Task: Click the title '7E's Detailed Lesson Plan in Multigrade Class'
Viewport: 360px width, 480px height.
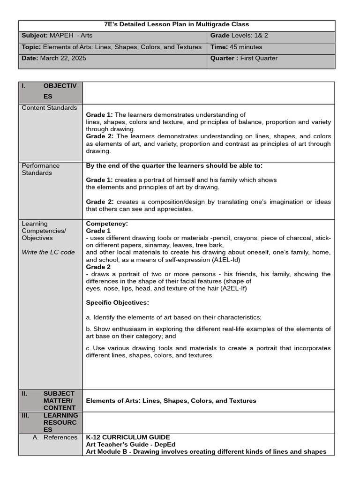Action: (177, 24)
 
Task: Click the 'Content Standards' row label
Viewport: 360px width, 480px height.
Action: (49, 108)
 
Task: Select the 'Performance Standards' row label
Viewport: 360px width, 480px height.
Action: (41, 169)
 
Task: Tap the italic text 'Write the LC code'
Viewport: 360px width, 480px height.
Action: (48, 252)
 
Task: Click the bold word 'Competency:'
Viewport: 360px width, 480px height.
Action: (107, 224)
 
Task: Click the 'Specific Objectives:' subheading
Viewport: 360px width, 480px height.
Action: (117, 303)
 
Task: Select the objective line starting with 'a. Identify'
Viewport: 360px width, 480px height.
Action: (174, 317)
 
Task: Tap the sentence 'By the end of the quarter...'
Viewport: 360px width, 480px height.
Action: (174, 165)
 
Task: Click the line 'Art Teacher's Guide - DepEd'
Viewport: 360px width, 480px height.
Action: (131, 444)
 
